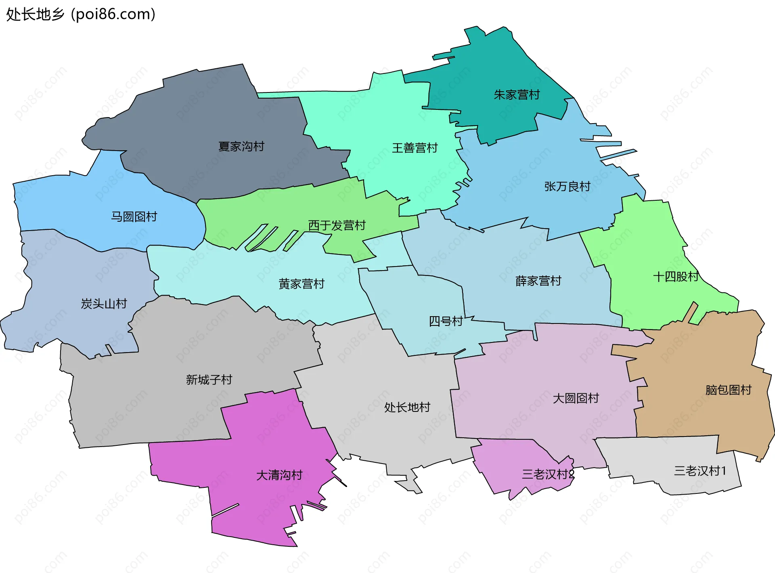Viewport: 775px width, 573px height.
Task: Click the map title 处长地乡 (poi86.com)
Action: tap(81, 15)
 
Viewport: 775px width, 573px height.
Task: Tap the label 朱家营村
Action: tap(517, 95)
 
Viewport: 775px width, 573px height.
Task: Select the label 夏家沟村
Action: tap(241, 146)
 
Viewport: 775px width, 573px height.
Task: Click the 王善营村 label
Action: tap(415, 148)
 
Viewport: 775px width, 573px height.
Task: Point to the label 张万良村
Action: tap(567, 186)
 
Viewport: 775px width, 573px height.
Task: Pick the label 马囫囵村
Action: tap(134, 216)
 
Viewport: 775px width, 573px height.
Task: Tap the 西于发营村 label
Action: tap(337, 225)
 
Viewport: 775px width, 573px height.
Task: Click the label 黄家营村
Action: tap(301, 284)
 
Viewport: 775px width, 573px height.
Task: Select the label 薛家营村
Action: tap(538, 281)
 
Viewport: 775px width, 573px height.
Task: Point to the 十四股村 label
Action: tap(676, 277)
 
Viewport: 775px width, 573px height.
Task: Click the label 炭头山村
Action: tap(104, 303)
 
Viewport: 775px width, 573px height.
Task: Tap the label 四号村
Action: tap(446, 321)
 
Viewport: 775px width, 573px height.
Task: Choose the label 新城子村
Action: tap(209, 380)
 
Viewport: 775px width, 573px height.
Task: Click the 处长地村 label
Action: tap(407, 407)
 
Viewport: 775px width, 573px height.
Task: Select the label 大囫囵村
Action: tap(576, 398)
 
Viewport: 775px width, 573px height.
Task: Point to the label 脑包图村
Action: tap(728, 390)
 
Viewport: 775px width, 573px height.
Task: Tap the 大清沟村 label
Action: tap(279, 475)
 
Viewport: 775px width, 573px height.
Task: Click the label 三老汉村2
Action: tap(548, 474)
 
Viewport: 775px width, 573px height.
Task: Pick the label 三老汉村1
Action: tap(700, 471)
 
